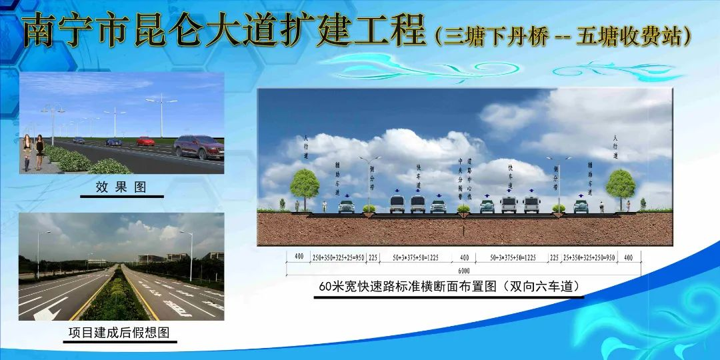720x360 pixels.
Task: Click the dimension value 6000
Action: [x=463, y=271]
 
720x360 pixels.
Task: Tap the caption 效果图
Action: [x=121, y=187]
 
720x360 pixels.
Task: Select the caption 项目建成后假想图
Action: [x=121, y=332]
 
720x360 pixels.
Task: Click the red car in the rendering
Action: [x=145, y=141]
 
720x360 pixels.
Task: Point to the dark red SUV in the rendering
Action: [x=198, y=147]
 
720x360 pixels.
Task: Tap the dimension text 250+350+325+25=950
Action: [x=337, y=257]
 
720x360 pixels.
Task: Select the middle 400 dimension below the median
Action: [x=464, y=257]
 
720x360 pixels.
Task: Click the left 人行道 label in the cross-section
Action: [x=305, y=147]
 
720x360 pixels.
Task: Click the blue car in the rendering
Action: [x=113, y=142]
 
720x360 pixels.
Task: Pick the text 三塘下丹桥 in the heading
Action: [x=492, y=35]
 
